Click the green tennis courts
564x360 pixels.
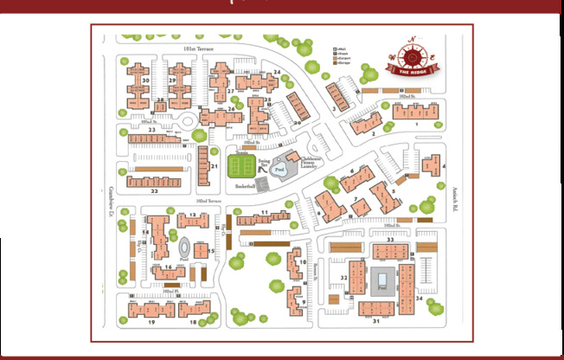[243, 166]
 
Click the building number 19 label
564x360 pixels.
[151, 322]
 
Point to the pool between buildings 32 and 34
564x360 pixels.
[381, 281]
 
